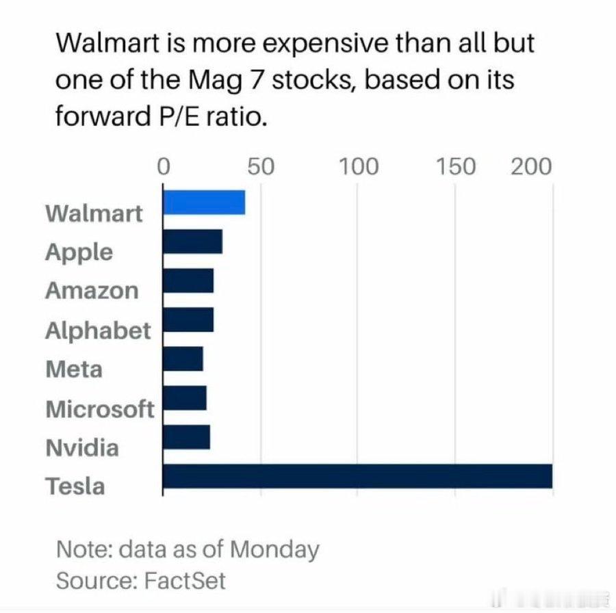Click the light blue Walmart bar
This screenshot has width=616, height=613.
click(x=204, y=203)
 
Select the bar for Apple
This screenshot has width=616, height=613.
click(x=192, y=242)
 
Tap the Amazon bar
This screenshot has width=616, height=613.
click(x=188, y=281)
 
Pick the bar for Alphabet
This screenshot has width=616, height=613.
click(x=188, y=319)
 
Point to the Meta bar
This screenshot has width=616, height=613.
click(x=183, y=358)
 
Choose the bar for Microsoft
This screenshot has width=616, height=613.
click(x=185, y=397)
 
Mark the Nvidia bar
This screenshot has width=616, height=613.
click(x=186, y=437)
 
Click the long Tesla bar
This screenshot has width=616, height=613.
click(x=357, y=476)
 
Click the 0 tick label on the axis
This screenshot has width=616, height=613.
click(x=163, y=166)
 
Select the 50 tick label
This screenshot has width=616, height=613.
click(x=261, y=166)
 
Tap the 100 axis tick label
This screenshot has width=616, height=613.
click(x=358, y=166)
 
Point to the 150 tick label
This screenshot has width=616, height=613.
click(x=456, y=166)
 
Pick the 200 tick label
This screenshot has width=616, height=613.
click(x=531, y=166)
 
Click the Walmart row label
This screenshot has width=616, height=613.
click(x=94, y=213)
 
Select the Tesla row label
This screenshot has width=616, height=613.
click(x=75, y=486)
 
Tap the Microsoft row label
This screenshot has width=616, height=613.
click(x=100, y=409)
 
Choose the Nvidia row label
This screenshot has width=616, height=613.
click(x=82, y=448)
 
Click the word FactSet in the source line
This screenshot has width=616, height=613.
click(x=185, y=581)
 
